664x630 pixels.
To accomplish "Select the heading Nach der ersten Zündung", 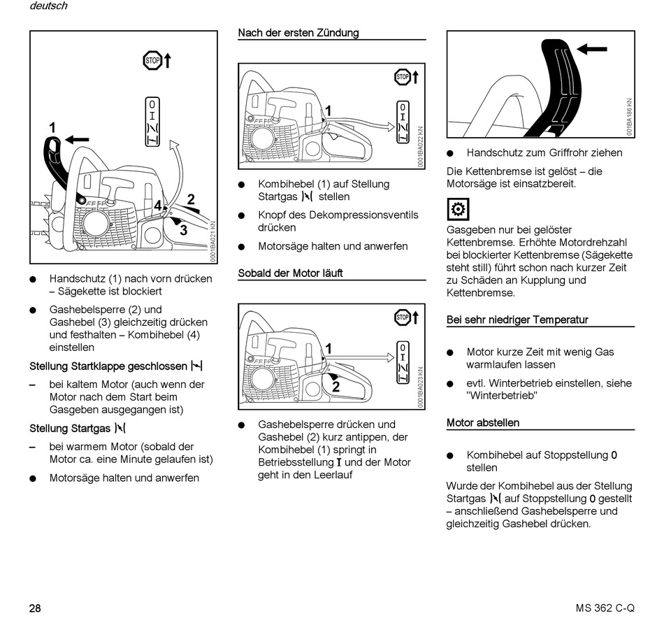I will pyautogui.click(x=298, y=33).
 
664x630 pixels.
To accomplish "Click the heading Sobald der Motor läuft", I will pyautogui.click(x=290, y=273).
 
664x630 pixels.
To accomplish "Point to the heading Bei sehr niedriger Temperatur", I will pyautogui.click(x=517, y=320).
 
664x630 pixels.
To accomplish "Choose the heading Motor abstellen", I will pyautogui.click(x=483, y=423).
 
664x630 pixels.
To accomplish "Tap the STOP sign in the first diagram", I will pyautogui.click(x=152, y=61).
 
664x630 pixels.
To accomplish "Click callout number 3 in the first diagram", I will pyautogui.click(x=183, y=229).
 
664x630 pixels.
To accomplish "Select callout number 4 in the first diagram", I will pyautogui.click(x=159, y=206).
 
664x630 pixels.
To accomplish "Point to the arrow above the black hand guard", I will pyautogui.click(x=592, y=49).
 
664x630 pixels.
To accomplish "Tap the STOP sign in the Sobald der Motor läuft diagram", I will pyautogui.click(x=402, y=317).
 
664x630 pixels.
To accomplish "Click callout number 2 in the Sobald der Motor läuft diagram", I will pyautogui.click(x=335, y=387).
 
